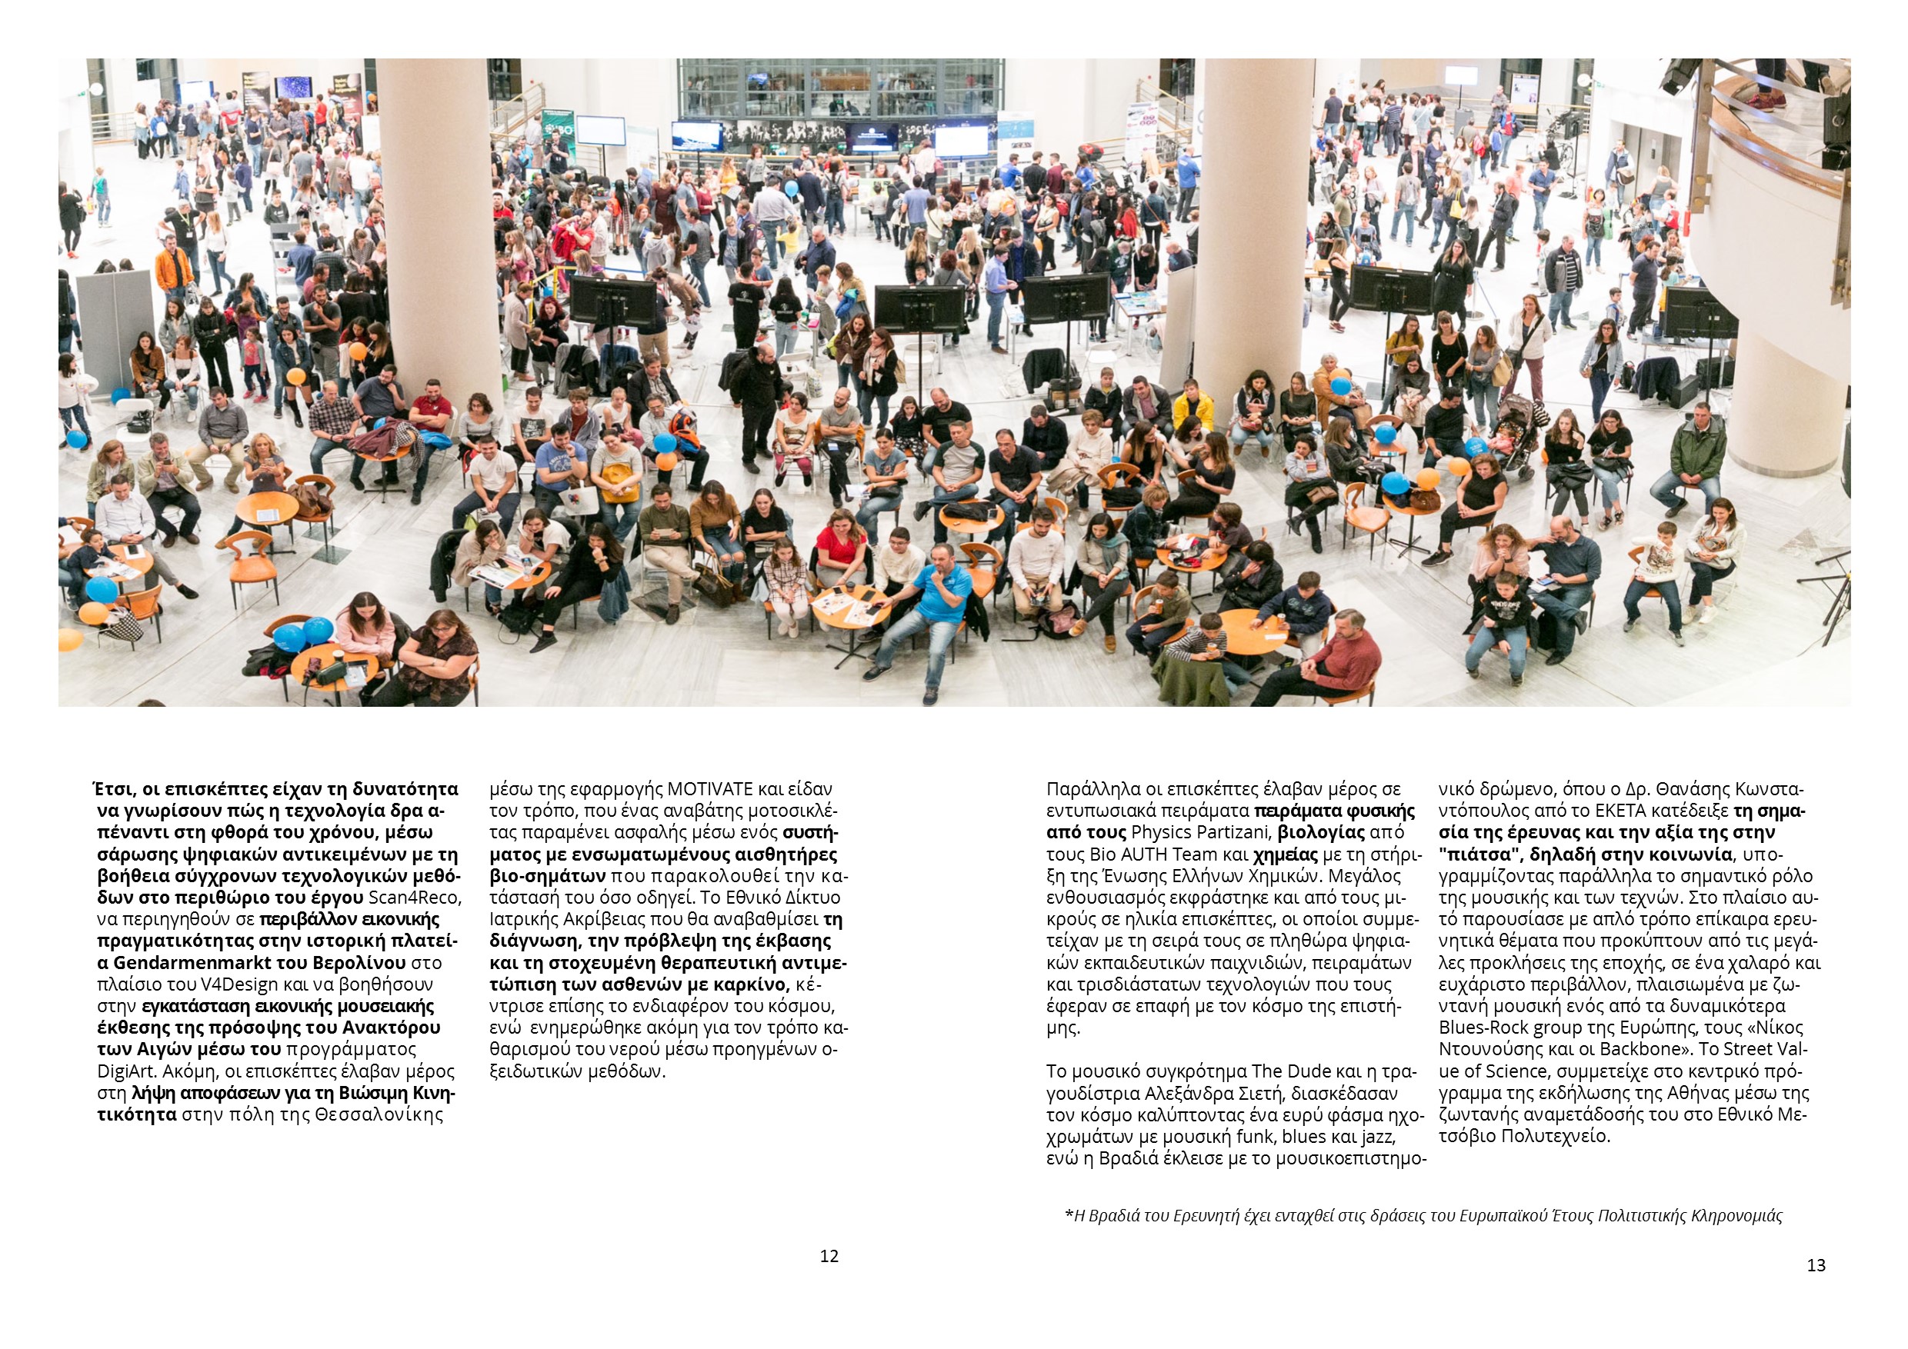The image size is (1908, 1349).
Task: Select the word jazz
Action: pos(1379,1137)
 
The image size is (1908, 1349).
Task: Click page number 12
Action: pos(829,1256)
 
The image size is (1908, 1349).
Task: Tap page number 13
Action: pos(1816,1265)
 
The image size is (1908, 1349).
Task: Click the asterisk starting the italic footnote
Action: pos(1068,1216)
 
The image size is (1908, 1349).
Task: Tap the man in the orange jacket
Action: pos(174,268)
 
